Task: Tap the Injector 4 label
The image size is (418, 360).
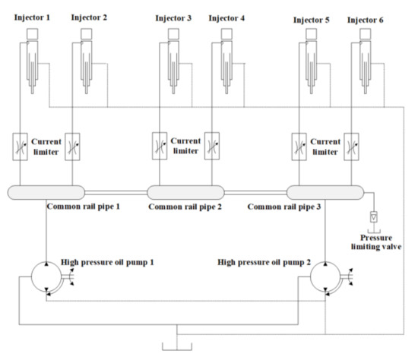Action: click(226, 17)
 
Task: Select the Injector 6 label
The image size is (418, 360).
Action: click(366, 17)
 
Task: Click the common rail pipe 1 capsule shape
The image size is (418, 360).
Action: click(46, 192)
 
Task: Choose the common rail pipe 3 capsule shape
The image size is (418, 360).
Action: click(325, 192)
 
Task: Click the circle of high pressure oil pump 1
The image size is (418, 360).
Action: click(46, 276)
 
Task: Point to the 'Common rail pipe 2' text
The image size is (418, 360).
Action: click(185, 207)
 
